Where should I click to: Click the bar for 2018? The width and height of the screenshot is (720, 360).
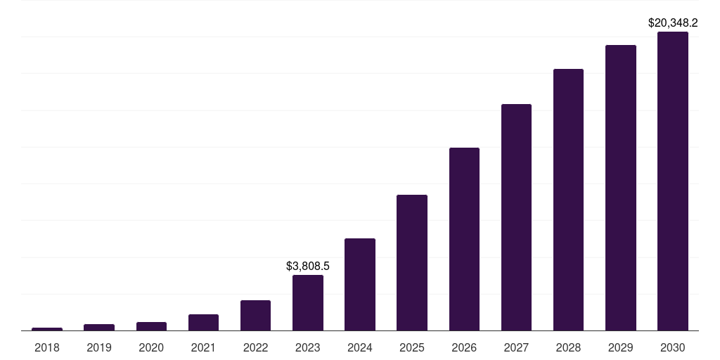click(x=47, y=329)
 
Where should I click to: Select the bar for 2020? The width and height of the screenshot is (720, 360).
click(x=151, y=326)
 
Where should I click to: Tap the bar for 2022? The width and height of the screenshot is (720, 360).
click(x=255, y=316)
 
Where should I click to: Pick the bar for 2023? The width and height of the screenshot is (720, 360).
click(x=308, y=303)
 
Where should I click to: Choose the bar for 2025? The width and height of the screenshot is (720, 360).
click(x=412, y=263)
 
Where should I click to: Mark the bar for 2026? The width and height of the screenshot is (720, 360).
click(x=464, y=239)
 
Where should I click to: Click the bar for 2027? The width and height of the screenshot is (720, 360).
click(x=516, y=217)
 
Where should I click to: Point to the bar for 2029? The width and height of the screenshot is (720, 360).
click(x=621, y=188)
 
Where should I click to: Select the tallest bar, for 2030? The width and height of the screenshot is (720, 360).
click(x=673, y=181)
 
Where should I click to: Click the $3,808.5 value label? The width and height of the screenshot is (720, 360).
click(x=308, y=266)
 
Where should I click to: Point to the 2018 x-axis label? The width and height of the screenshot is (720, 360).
click(x=47, y=347)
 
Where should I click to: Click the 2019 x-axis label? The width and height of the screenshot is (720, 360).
click(x=99, y=347)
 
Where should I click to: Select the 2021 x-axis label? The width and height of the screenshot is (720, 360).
click(x=203, y=347)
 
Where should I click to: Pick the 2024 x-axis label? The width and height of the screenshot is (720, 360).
click(x=360, y=347)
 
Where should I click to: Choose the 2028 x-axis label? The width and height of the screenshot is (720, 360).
click(x=568, y=347)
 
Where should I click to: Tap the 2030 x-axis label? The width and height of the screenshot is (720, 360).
click(x=673, y=347)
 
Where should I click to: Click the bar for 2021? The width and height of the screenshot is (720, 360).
click(x=203, y=323)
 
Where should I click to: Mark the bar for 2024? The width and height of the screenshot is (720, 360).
click(x=360, y=285)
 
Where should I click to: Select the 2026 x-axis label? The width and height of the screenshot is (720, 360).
click(x=464, y=347)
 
